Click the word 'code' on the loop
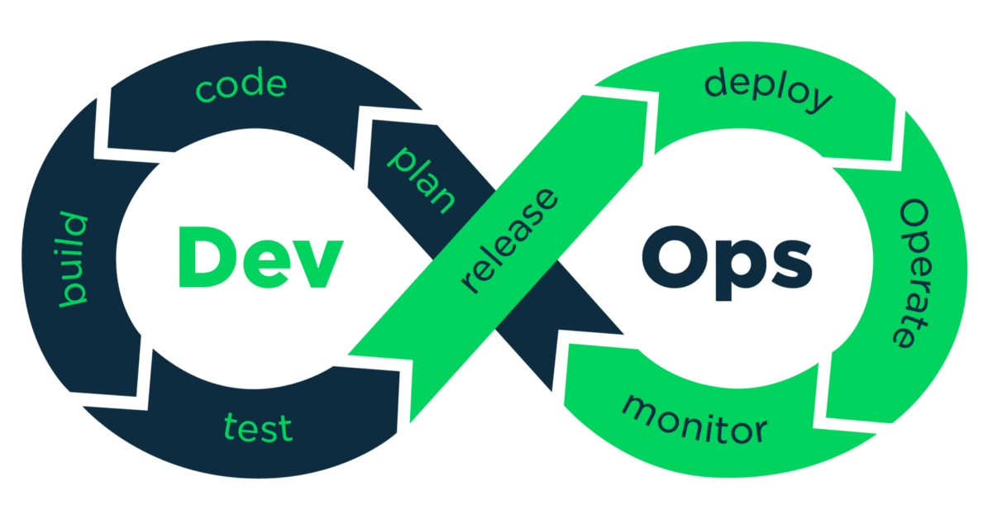pos(241,86)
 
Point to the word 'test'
pos(258,427)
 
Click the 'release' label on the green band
pos(510,241)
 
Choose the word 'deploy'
pos(768,89)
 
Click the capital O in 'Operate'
pos(913,217)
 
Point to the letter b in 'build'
pos(74,293)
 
